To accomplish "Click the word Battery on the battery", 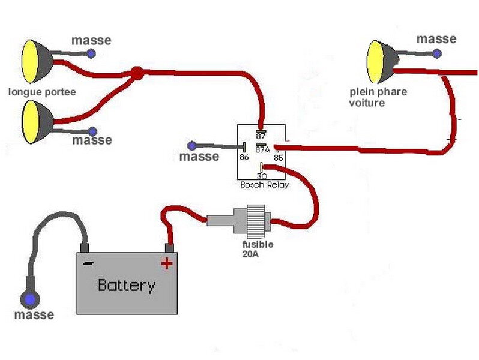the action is coord(127,285).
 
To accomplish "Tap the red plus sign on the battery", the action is coord(167,263).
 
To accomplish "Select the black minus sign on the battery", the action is coord(88,263).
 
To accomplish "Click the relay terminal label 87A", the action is coord(262,149).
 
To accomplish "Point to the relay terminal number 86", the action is coord(244,157).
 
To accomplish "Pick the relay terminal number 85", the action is coord(279,158).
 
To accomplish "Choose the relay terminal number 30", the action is coord(262,176).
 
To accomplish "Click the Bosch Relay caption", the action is coord(264,185).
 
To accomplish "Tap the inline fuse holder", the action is coord(239,219).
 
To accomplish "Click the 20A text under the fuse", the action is coord(250,254).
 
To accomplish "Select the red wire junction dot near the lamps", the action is coord(137,73).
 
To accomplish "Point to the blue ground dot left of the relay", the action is coord(192,146).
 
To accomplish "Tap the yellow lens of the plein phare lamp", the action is coord(374,62).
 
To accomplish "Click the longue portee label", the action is coord(42,92).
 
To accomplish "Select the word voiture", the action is coord(367,103).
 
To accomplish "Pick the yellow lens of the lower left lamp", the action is coord(30,122).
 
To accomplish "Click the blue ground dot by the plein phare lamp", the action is coord(437,54).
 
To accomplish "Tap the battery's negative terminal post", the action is coord(84,248).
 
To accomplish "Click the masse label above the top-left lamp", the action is coord(91,40).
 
